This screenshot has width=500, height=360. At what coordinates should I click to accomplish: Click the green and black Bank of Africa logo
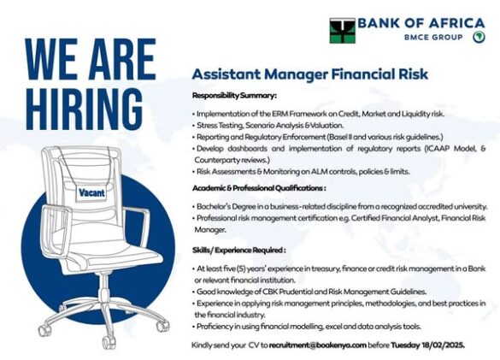pyautogui.click(x=342, y=31)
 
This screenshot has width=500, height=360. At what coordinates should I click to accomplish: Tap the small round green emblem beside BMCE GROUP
pyautogui.click(x=479, y=37)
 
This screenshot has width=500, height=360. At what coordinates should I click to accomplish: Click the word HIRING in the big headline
pyautogui.click(x=84, y=109)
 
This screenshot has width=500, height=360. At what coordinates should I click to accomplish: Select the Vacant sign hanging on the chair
pyautogui.click(x=91, y=192)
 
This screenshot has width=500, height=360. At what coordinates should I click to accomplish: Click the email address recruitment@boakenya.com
pyautogui.click(x=318, y=345)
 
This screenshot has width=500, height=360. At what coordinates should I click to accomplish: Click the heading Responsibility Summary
pyautogui.click(x=234, y=96)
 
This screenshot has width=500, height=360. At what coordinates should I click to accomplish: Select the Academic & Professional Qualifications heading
pyautogui.click(x=259, y=188)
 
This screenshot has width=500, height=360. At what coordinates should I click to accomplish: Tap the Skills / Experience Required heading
pyautogui.click(x=238, y=250)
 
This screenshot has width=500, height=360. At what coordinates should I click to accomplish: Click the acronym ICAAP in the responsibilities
pyautogui.click(x=438, y=149)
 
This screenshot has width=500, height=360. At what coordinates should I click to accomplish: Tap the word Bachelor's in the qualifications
pyautogui.click(x=212, y=206)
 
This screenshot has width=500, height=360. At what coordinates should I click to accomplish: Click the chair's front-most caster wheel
pyautogui.click(x=109, y=343)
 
